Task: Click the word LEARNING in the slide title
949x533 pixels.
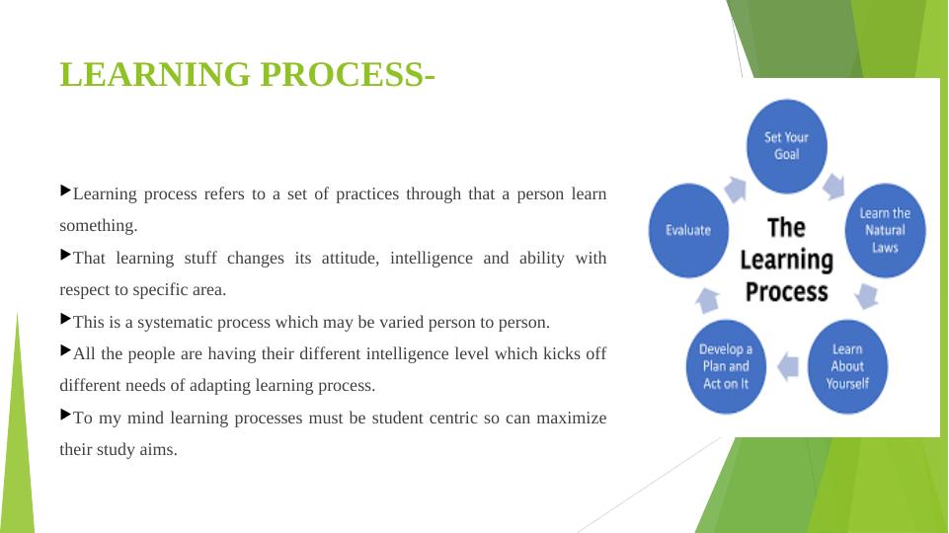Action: pos(155,74)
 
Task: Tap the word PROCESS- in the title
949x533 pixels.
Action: pos(348,74)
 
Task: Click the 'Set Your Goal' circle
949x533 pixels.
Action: pos(786,146)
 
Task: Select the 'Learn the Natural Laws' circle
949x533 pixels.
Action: pos(885,231)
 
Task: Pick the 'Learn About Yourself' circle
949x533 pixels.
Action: pos(847,366)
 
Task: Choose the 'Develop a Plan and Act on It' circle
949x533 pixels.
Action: pos(726,366)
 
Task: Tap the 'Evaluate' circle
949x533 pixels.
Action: pos(688,231)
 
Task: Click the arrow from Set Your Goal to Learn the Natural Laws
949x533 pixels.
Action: pos(834,187)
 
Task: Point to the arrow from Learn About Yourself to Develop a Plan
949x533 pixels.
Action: pos(787,366)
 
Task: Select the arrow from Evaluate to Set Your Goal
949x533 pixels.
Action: pos(736,190)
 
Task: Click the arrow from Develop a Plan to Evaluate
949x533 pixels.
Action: pos(707,300)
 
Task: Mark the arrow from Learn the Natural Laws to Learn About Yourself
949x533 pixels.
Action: pos(867,296)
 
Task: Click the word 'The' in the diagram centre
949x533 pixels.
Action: pos(786,228)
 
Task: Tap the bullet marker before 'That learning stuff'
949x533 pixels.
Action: pos(66,255)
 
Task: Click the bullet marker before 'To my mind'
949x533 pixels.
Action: pos(66,415)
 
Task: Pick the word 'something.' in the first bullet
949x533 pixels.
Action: pos(99,226)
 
